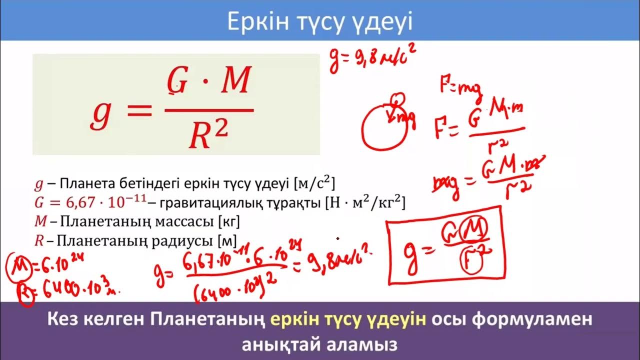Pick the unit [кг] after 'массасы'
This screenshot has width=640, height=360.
(x=229, y=221)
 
